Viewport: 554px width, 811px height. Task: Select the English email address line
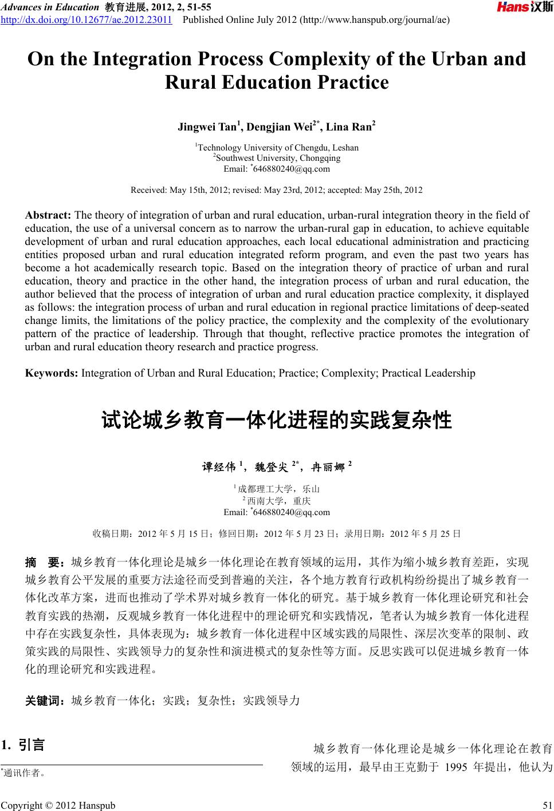(x=277, y=169)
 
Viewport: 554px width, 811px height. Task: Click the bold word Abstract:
(x=48, y=215)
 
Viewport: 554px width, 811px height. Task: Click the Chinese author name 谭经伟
(x=219, y=467)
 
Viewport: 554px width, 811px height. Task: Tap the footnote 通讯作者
(x=24, y=773)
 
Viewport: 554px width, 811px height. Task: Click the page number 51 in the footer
(x=547, y=806)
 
